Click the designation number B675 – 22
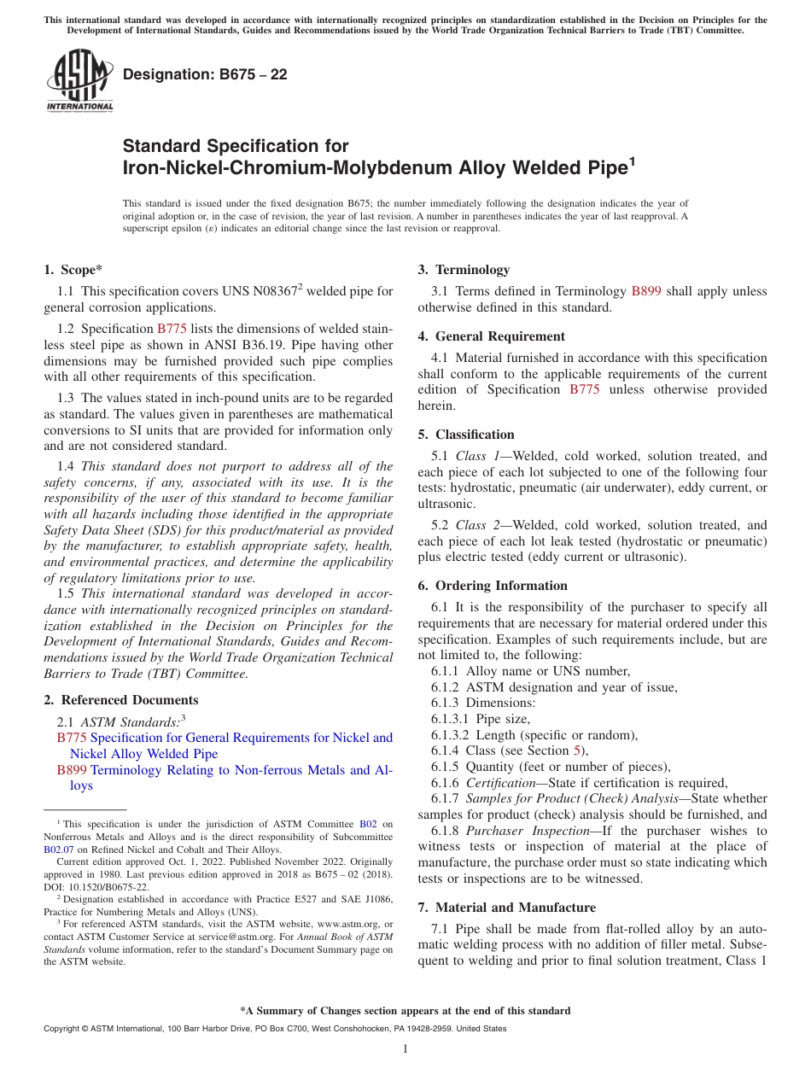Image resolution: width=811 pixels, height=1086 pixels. (x=205, y=75)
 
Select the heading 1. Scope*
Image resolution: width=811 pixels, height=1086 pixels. (x=73, y=270)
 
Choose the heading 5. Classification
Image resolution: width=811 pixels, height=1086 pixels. (x=466, y=435)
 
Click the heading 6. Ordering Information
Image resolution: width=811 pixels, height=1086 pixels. (x=493, y=586)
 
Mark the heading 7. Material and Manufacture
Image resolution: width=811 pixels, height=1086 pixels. (x=507, y=908)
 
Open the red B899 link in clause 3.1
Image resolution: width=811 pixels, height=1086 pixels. (x=646, y=292)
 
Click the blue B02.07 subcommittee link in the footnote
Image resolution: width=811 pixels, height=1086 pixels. (x=59, y=850)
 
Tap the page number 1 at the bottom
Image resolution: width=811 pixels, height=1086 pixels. (x=405, y=1049)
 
